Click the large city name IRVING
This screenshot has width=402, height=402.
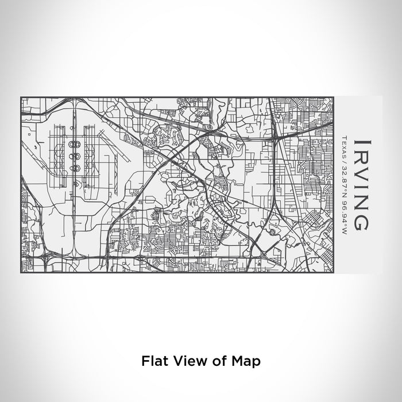(362, 184)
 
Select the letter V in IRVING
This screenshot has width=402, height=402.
(362, 172)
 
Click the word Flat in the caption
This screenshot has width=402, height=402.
(152, 362)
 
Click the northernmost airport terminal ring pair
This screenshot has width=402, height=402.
(74, 143)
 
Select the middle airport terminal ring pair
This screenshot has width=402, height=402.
(74, 155)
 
